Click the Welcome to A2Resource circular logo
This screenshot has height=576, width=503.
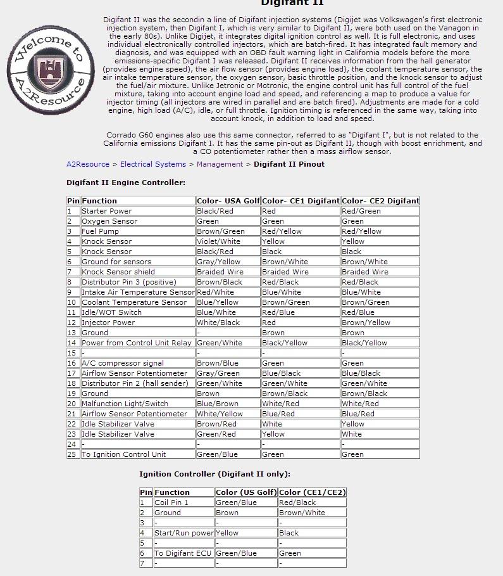click(x=51, y=70)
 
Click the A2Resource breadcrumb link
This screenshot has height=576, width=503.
click(x=88, y=164)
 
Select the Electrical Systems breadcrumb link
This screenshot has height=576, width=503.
click(x=153, y=164)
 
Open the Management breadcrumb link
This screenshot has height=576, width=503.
click(x=220, y=164)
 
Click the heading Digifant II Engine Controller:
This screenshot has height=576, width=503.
click(x=126, y=182)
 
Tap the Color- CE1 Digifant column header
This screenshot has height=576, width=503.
click(x=301, y=201)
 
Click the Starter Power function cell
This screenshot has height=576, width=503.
click(x=107, y=211)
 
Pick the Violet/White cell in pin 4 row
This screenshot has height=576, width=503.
click(x=218, y=241)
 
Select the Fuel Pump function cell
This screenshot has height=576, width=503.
click(x=100, y=231)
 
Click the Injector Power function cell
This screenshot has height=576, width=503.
click(x=108, y=323)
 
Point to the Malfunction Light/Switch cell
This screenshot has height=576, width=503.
click(x=125, y=404)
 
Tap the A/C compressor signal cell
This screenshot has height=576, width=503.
click(x=123, y=363)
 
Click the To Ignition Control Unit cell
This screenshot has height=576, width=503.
click(x=123, y=454)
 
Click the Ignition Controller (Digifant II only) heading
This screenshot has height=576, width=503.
click(x=214, y=474)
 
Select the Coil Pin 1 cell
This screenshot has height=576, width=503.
click(x=171, y=502)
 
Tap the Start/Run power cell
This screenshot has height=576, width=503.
click(x=183, y=533)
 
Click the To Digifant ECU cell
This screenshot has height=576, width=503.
click(x=183, y=553)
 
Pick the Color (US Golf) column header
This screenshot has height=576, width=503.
click(x=245, y=492)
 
